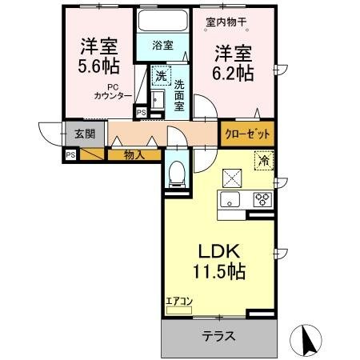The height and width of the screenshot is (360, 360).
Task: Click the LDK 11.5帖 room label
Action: coord(217,259)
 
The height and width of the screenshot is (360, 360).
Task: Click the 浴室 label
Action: coord(162,46)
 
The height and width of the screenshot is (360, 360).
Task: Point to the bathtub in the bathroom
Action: coord(162,21)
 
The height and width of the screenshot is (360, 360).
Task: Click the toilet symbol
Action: coord(176,172)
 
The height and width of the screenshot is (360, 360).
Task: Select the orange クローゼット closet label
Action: coord(247,133)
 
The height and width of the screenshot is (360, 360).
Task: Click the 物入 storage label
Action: coord(133,154)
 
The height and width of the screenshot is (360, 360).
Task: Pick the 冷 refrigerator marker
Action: coord(262,159)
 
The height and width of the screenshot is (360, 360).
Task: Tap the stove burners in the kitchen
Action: coord(262,200)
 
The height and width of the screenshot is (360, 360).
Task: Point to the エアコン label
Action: coord(179,302)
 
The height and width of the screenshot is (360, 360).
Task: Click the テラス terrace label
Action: coord(218,336)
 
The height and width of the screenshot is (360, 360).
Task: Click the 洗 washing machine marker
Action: coord(160,76)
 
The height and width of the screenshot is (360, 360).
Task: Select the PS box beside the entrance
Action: coord(70,154)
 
